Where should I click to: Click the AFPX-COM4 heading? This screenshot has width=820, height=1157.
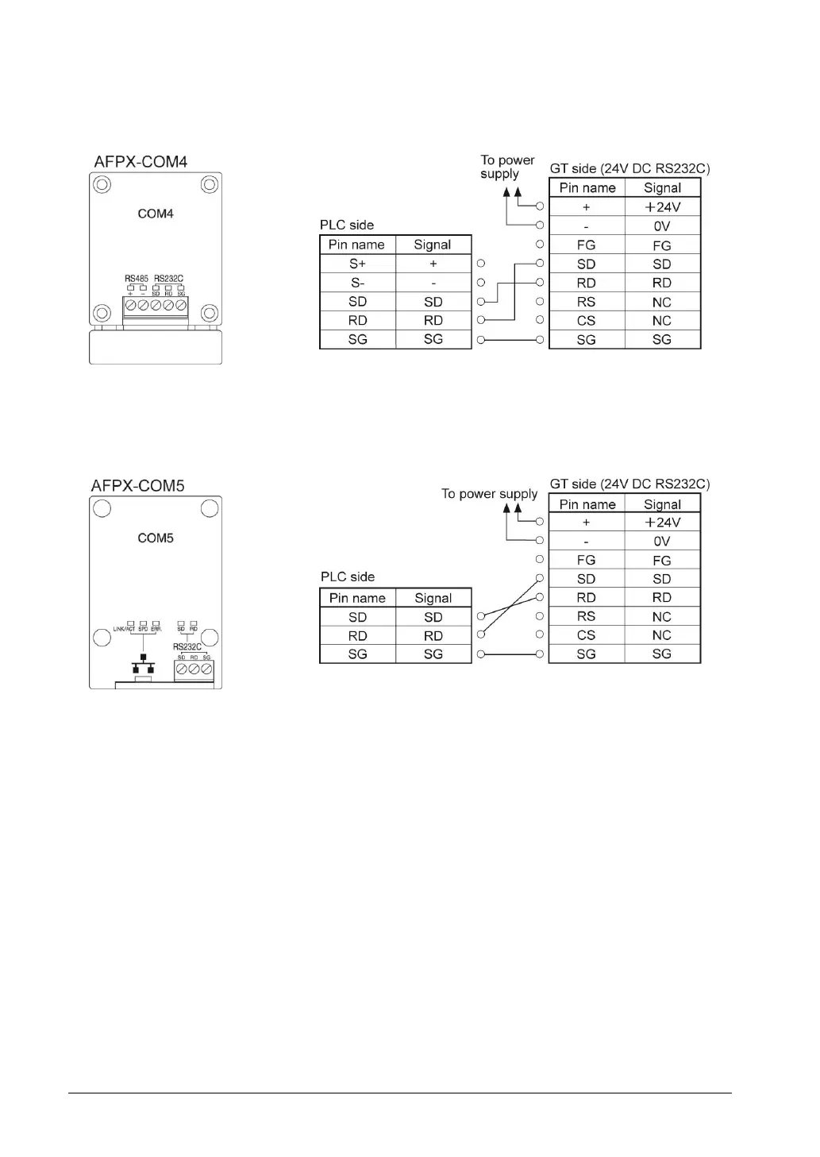tap(141, 162)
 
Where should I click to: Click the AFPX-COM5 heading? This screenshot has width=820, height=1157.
tap(137, 486)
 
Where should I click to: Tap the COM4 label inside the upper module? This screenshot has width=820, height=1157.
tap(156, 214)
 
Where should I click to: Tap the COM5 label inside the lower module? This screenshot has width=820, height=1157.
tap(156, 538)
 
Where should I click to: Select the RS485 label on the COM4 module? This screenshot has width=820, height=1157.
tap(137, 279)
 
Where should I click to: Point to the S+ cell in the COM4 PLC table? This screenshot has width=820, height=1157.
tap(357, 264)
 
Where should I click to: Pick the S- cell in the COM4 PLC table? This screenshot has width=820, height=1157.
tap(357, 283)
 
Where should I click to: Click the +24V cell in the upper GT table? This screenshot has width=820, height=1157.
tap(662, 207)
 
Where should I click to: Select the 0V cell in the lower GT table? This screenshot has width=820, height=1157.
tap(662, 542)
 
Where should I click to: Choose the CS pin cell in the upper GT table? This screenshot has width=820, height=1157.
tap(586, 321)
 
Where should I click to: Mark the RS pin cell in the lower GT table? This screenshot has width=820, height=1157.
tap(586, 617)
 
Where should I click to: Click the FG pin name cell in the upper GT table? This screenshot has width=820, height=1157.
tap(586, 245)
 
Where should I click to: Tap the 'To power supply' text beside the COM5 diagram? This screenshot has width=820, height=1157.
tap(489, 494)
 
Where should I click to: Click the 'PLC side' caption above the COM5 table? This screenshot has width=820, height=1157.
tap(347, 577)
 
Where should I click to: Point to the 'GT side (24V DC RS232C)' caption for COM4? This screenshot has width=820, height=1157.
tap(629, 168)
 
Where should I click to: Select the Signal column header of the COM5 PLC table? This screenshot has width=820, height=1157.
tap(433, 599)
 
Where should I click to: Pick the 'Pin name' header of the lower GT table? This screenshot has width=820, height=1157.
tap(587, 504)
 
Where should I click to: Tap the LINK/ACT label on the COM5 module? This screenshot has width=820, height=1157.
tap(124, 629)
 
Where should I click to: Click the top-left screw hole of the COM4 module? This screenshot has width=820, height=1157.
tap(102, 185)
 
